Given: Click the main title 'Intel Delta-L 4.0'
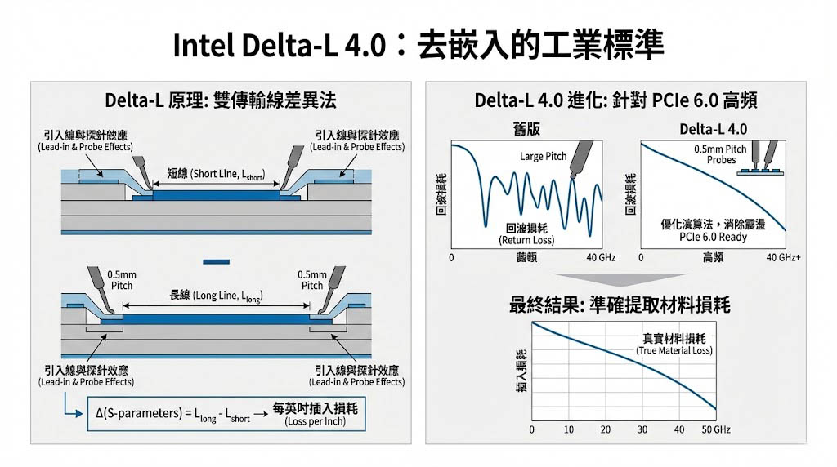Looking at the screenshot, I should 279,45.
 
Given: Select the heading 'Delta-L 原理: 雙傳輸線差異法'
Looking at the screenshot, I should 221,100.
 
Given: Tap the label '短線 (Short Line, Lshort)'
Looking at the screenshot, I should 215,174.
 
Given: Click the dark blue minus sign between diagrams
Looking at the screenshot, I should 215,261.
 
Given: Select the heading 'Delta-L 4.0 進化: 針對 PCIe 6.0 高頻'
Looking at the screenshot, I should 616,100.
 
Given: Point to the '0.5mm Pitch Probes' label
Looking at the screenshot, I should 720,155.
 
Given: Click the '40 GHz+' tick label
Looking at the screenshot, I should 784,258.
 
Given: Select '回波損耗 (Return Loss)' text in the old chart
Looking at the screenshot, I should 526,234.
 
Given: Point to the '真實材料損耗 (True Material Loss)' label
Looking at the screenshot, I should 674,344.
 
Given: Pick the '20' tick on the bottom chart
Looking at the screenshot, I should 606,429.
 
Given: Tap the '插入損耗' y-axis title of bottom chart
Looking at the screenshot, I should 520,371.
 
